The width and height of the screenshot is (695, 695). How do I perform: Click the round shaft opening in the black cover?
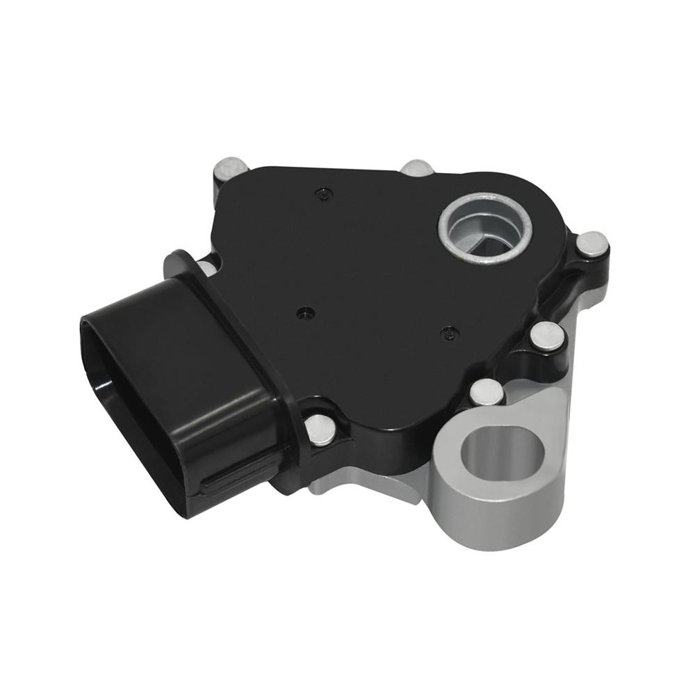click(484, 231)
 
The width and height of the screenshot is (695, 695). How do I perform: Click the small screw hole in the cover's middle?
click(303, 313)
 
